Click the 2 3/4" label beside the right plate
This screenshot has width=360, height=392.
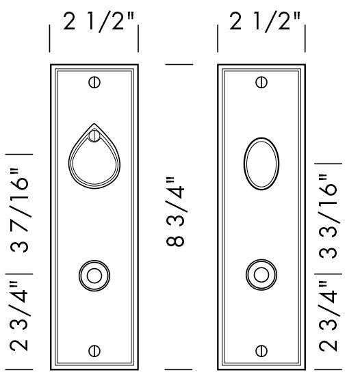point(329,321)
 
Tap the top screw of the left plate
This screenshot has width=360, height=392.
point(94,83)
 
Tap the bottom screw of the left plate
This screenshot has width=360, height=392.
point(94,351)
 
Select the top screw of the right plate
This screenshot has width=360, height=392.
point(261,83)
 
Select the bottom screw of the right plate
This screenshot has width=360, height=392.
point(261,351)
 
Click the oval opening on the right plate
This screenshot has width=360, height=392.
point(261,164)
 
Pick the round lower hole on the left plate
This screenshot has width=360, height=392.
point(94,276)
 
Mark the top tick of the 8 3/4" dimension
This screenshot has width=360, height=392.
point(179,64)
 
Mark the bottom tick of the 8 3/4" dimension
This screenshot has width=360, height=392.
point(179,369)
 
